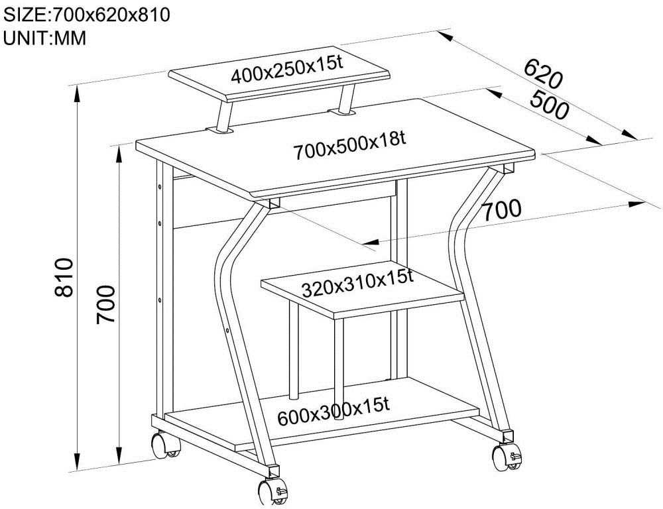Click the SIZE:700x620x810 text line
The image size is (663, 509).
coord(86,15)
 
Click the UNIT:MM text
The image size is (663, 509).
coord(44,38)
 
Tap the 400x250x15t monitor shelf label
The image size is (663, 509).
coord(286,70)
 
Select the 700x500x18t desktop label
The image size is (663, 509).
coord(349,146)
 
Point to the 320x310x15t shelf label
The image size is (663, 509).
coord(357,284)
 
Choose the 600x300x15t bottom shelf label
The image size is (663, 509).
coord(333,412)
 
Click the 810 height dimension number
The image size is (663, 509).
coord(64,277)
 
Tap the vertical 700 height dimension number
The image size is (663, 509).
coord(105,304)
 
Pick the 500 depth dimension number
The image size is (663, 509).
coord(549,104)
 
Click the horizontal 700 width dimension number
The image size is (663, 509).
coord(502,211)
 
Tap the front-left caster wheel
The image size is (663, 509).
coord(272,492)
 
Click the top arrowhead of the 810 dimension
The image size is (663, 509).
coord(77,94)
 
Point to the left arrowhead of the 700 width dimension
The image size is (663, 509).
coord(371,242)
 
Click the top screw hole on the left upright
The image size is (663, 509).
coord(160,186)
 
